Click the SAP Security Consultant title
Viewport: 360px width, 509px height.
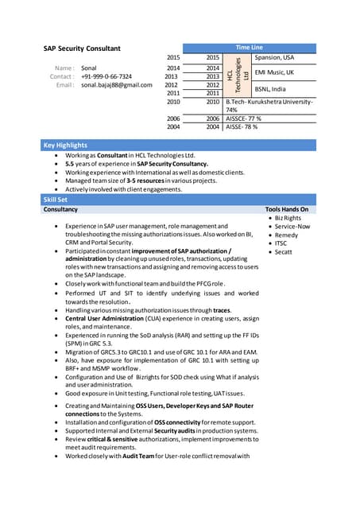pyautogui.click(x=82, y=49)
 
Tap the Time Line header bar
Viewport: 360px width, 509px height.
pyautogui.click(x=249, y=48)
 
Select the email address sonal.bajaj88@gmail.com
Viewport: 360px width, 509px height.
pyautogui.click(x=117, y=84)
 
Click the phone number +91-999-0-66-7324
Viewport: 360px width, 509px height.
pyautogui.click(x=106, y=76)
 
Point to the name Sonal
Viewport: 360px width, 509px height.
pyautogui.click(x=89, y=68)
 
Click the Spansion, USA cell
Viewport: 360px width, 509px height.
pyautogui.click(x=274, y=58)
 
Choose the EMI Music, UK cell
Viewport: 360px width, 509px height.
pyautogui.click(x=274, y=72)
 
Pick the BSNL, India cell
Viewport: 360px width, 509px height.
pyautogui.click(x=270, y=89)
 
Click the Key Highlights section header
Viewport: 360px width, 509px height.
pyautogui.click(x=65, y=146)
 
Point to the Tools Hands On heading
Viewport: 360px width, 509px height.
pyautogui.click(x=286, y=209)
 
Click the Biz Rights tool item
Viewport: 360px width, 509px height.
pyautogui.click(x=288, y=218)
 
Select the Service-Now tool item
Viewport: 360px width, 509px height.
pyautogui.click(x=292, y=227)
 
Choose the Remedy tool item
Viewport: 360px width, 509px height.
pyautogui.click(x=286, y=235)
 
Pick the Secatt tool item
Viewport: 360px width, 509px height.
pyautogui.click(x=284, y=252)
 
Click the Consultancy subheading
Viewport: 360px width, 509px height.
pyautogui.click(x=60, y=209)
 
